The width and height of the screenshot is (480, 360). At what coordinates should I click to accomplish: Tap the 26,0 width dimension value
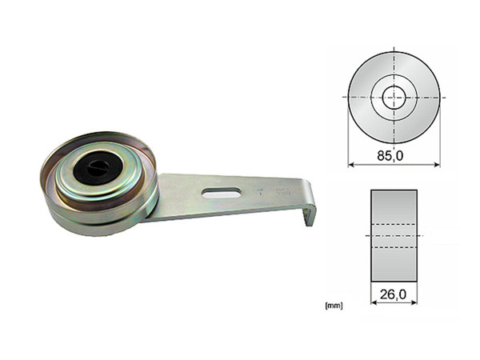(x=394, y=295)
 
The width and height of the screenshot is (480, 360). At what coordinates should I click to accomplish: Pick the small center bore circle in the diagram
(x=394, y=97)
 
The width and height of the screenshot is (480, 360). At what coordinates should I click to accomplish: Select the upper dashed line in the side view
(x=394, y=224)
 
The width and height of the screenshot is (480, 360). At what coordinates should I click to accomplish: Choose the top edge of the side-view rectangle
(x=394, y=190)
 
